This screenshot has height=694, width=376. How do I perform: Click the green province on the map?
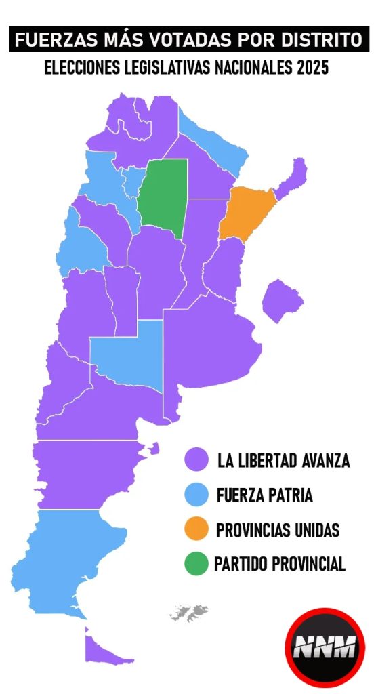(163, 197)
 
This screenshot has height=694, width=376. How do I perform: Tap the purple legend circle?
(196, 460)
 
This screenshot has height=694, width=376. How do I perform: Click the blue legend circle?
(196, 495)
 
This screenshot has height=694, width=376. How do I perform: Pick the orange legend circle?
(196, 529)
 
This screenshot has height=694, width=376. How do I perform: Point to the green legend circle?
(196, 564)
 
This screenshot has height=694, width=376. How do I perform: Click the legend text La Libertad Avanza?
(283, 461)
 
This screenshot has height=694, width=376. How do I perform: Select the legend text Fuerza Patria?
(264, 495)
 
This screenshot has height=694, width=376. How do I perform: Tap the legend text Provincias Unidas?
(278, 530)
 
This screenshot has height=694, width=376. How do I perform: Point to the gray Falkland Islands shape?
(189, 613)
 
